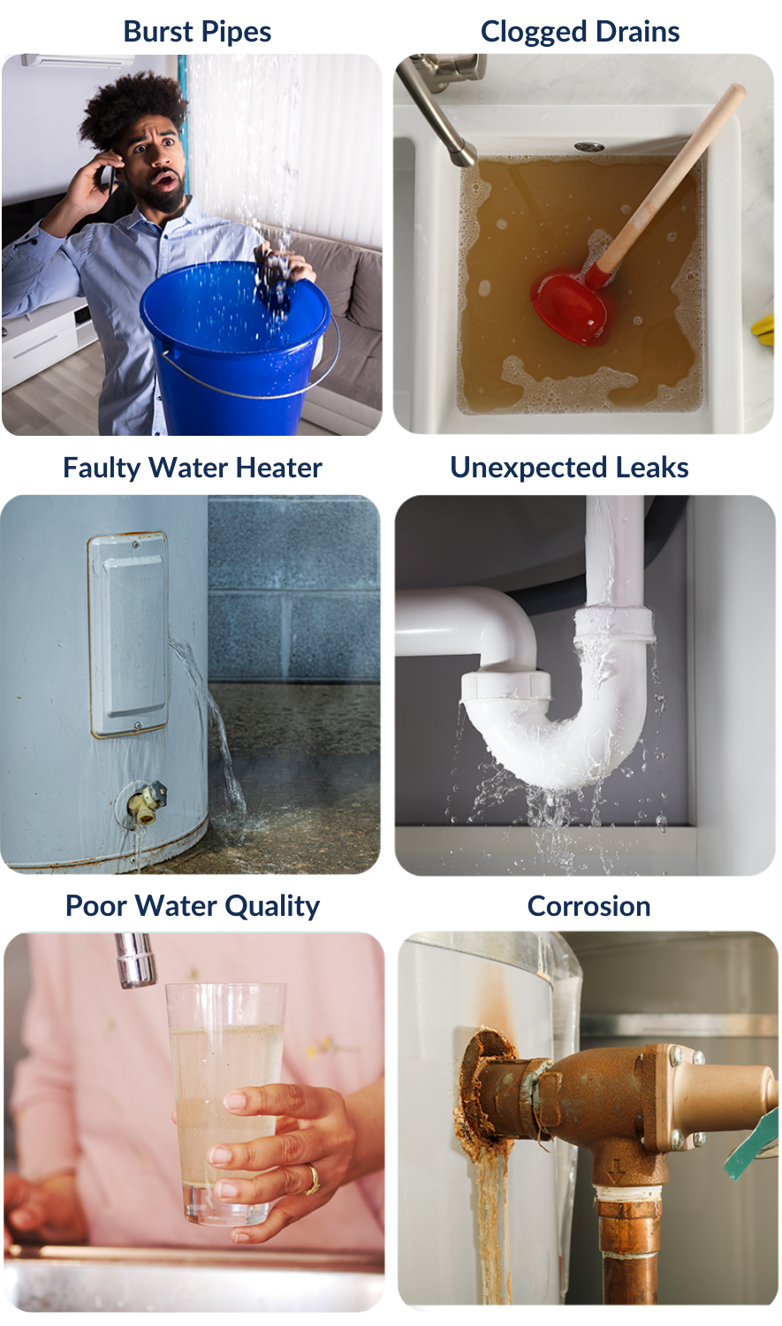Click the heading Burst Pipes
(x=197, y=32)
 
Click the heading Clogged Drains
(x=580, y=32)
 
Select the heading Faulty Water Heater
(x=193, y=468)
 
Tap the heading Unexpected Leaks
(x=569, y=468)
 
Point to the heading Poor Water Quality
(x=193, y=906)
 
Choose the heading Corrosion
(x=588, y=906)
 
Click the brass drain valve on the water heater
(x=146, y=802)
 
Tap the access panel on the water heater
(x=128, y=634)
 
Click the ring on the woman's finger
(x=313, y=1179)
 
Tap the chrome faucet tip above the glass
(x=135, y=961)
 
